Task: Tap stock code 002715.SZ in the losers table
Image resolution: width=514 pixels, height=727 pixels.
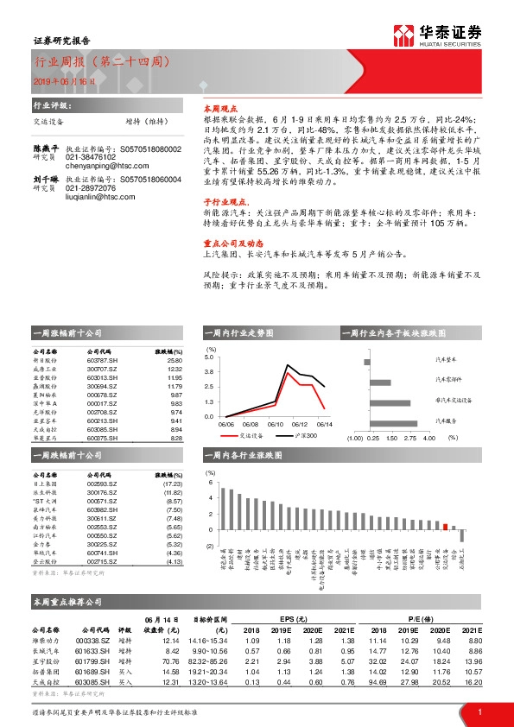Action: [x=103, y=560]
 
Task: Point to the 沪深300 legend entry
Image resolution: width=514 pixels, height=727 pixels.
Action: [x=299, y=438]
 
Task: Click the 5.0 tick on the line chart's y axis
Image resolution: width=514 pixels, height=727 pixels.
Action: [x=209, y=355]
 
